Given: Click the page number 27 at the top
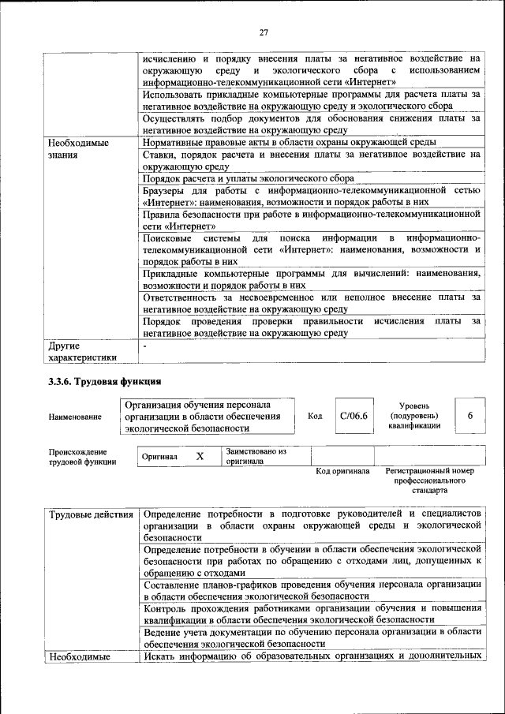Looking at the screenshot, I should [264, 32].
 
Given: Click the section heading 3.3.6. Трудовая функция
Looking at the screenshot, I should [105, 382].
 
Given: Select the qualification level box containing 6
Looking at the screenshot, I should [470, 416].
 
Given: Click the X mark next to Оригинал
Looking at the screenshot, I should [200, 456].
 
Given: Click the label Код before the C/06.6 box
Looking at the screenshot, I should [315, 416].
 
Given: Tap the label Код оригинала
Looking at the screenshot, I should [342, 471].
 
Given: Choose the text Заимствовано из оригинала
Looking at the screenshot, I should [256, 456].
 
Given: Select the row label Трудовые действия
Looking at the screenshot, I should [91, 515].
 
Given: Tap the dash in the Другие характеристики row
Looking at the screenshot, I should [145, 346].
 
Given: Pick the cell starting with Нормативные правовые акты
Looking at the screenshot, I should [290, 143].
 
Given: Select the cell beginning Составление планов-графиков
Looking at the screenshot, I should [312, 590].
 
